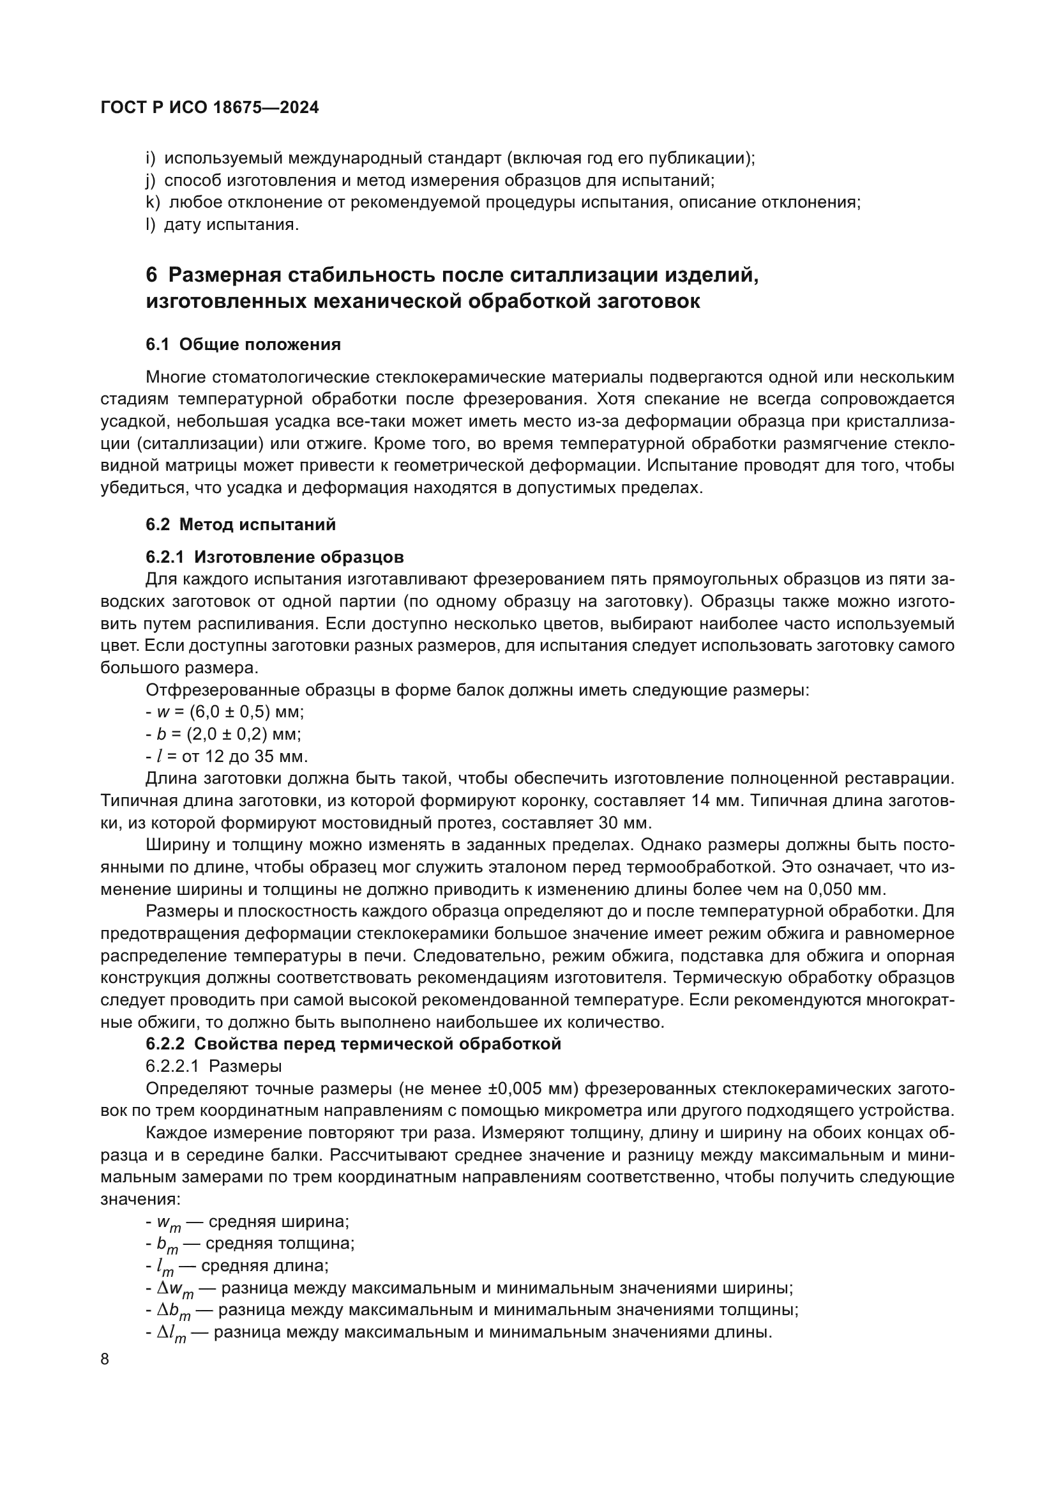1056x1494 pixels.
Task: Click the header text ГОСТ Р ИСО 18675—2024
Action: point(210,108)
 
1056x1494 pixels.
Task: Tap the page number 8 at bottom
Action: point(105,1359)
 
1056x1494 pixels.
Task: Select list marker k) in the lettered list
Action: point(153,202)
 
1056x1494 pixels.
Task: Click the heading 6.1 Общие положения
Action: point(243,344)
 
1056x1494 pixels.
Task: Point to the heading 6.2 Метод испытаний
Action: point(241,524)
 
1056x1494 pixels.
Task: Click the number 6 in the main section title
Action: point(151,275)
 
